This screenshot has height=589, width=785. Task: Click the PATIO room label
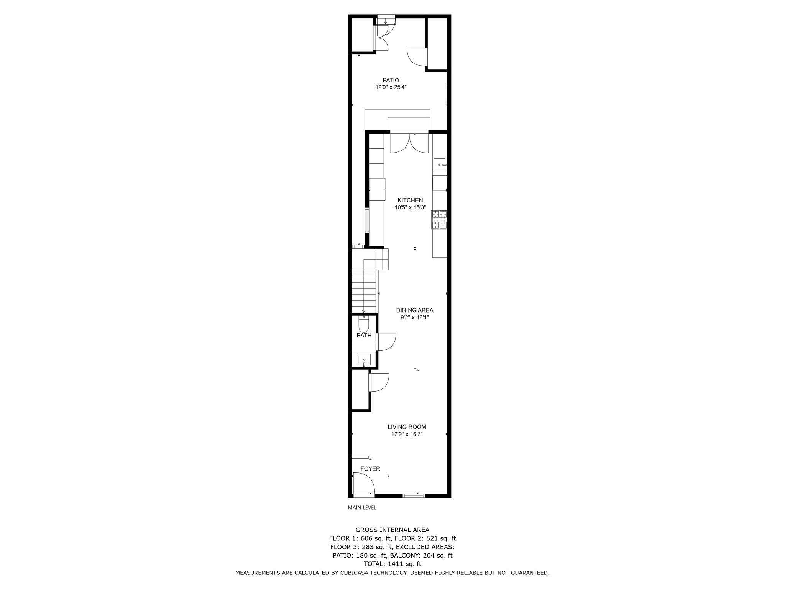pos(391,80)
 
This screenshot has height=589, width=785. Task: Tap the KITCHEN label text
pos(410,200)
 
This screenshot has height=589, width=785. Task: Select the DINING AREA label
pos(414,310)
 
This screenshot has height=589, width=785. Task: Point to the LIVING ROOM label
pos(407,427)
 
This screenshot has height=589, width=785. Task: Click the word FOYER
pos(370,469)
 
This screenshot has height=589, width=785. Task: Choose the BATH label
pos(364,336)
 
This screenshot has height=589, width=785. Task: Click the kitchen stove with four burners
pos(440,220)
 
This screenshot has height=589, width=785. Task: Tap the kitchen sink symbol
pos(440,165)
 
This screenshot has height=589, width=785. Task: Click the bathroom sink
pos(364,359)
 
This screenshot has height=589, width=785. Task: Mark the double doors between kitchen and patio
pos(409,143)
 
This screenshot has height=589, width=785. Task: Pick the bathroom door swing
pos(386,341)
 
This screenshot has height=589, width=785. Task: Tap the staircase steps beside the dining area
pos(364,291)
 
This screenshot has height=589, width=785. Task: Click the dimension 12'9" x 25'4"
pos(391,87)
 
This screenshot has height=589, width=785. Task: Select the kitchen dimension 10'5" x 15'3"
pos(410,207)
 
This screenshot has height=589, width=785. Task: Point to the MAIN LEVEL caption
pos(362,508)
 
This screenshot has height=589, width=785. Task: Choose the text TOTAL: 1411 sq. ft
pos(392,564)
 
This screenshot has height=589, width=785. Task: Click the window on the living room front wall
pos(414,496)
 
